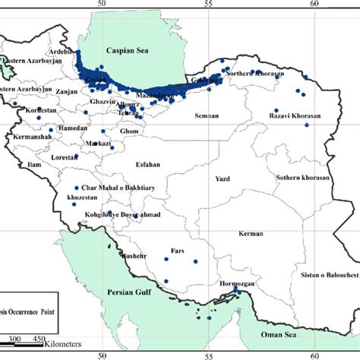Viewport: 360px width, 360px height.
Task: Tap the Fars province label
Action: [x=178, y=249]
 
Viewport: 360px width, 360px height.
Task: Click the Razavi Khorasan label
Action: [x=295, y=115]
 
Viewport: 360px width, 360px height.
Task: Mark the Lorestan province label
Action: [x=65, y=156]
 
